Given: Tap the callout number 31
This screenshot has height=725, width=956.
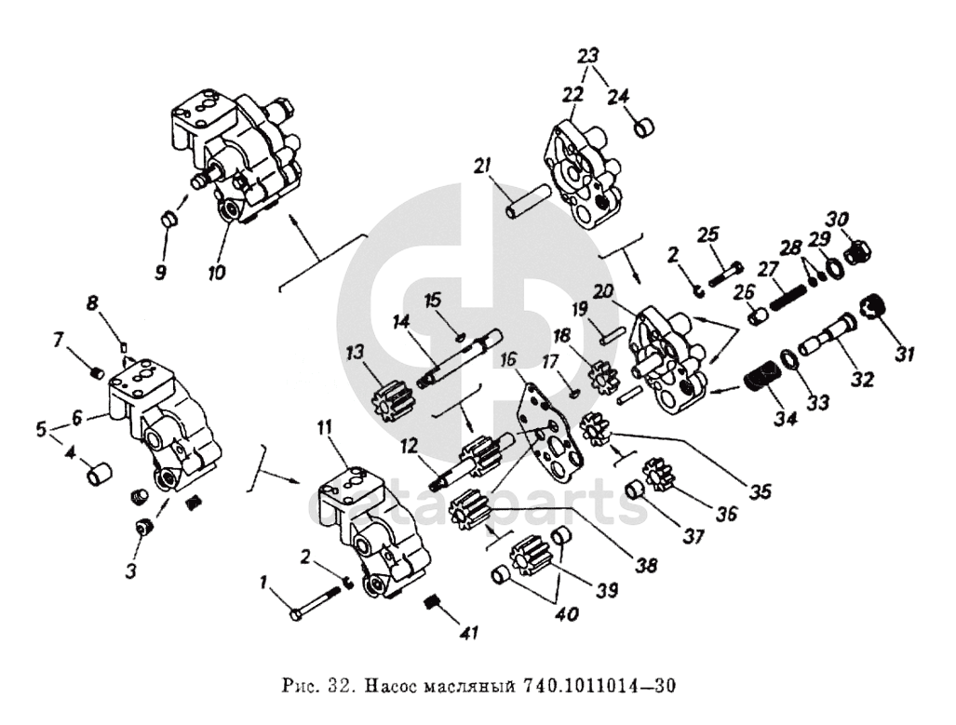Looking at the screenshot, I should click(x=905, y=354).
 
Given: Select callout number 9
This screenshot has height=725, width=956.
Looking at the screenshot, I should click(x=161, y=273).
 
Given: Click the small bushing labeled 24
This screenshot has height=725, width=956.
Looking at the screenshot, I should click(x=643, y=128).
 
